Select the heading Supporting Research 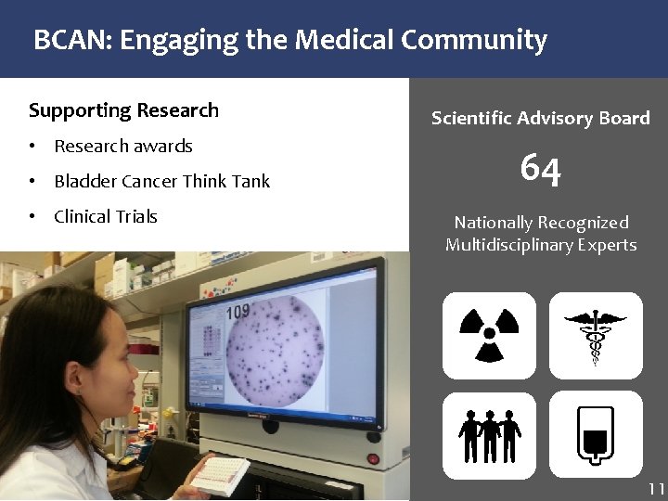tap(123, 110)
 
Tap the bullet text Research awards tap(123, 147)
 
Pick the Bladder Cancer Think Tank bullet tap(161, 182)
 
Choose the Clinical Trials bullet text tap(106, 217)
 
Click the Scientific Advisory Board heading tap(540, 119)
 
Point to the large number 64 tap(540, 169)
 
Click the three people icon tap(489, 434)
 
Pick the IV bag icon tap(596, 434)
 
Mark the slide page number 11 tap(656, 489)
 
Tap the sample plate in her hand tap(219, 475)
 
